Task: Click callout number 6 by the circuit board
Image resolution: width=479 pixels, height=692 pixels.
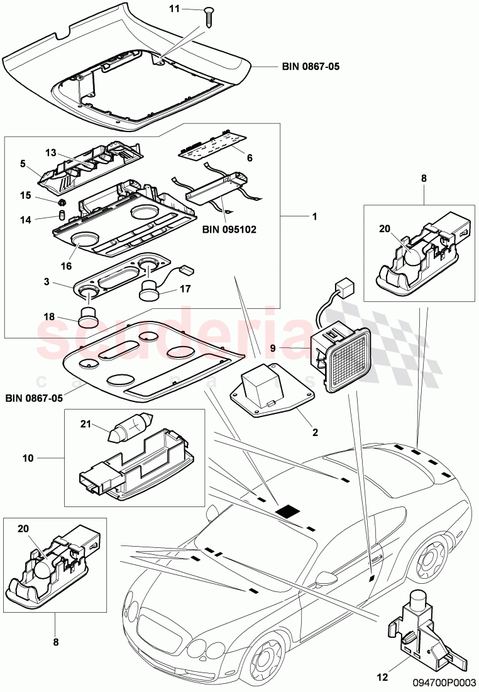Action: pos(250,158)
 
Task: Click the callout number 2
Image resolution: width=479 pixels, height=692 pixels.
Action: pos(315,432)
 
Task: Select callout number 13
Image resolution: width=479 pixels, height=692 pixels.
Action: pos(51,152)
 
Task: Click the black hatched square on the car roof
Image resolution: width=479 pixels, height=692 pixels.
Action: pos(290,511)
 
